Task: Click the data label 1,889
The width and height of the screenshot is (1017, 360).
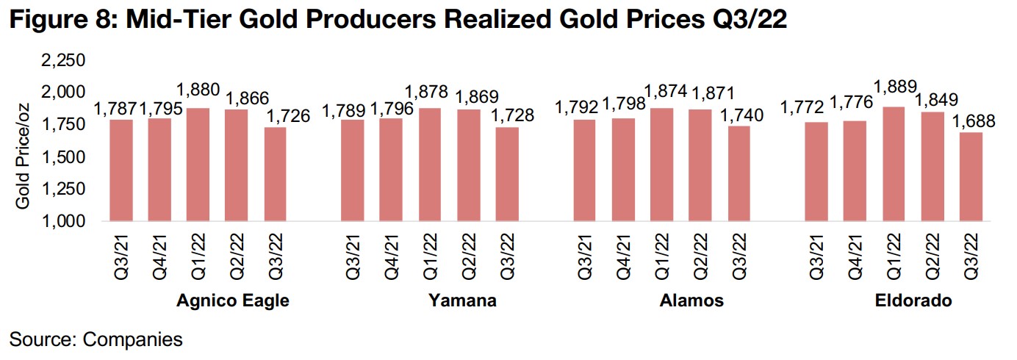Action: pyautogui.click(x=894, y=93)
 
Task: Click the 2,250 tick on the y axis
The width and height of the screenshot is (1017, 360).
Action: pyautogui.click(x=65, y=60)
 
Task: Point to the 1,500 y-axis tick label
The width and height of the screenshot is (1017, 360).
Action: pyautogui.click(x=65, y=156)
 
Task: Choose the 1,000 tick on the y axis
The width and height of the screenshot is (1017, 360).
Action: pyautogui.click(x=65, y=221)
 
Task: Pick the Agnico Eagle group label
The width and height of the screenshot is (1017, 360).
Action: pyautogui.click(x=233, y=300)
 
